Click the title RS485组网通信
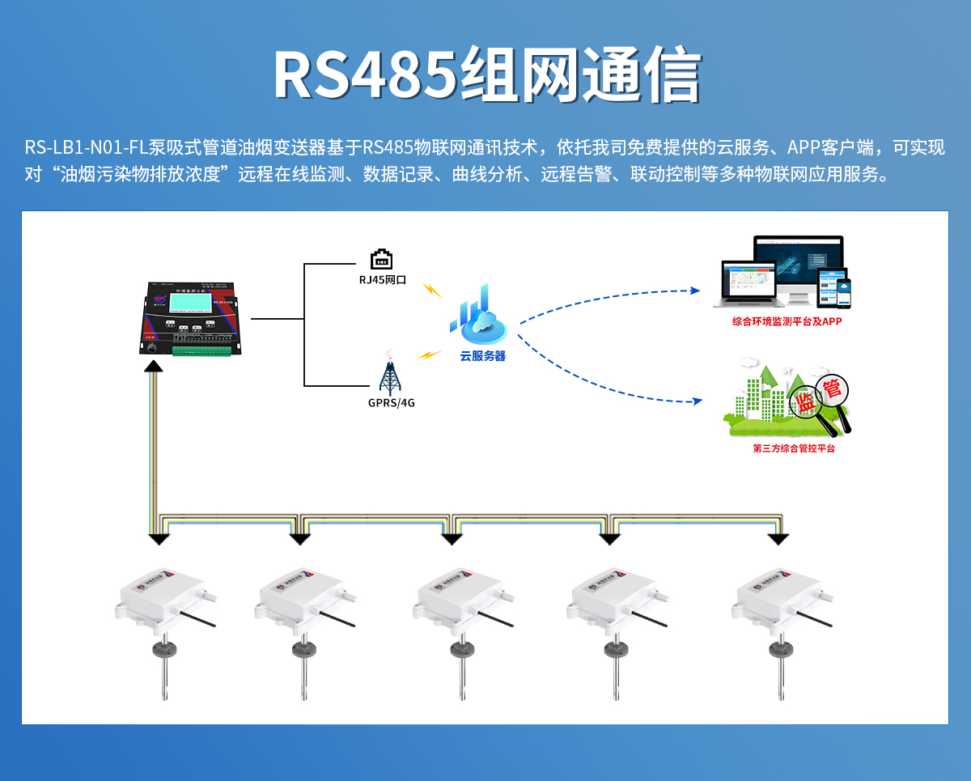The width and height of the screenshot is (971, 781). [485, 75]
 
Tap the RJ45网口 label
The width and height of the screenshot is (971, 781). [382, 279]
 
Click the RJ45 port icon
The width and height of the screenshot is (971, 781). [382, 259]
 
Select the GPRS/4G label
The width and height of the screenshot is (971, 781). [391, 402]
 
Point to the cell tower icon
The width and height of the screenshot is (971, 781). [391, 374]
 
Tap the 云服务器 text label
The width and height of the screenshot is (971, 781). [482, 355]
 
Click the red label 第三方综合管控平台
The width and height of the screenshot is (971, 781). [793, 448]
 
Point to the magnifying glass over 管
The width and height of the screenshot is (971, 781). [833, 397]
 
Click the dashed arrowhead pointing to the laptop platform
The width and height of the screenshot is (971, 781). [694, 291]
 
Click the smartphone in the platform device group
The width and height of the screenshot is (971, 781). [844, 291]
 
